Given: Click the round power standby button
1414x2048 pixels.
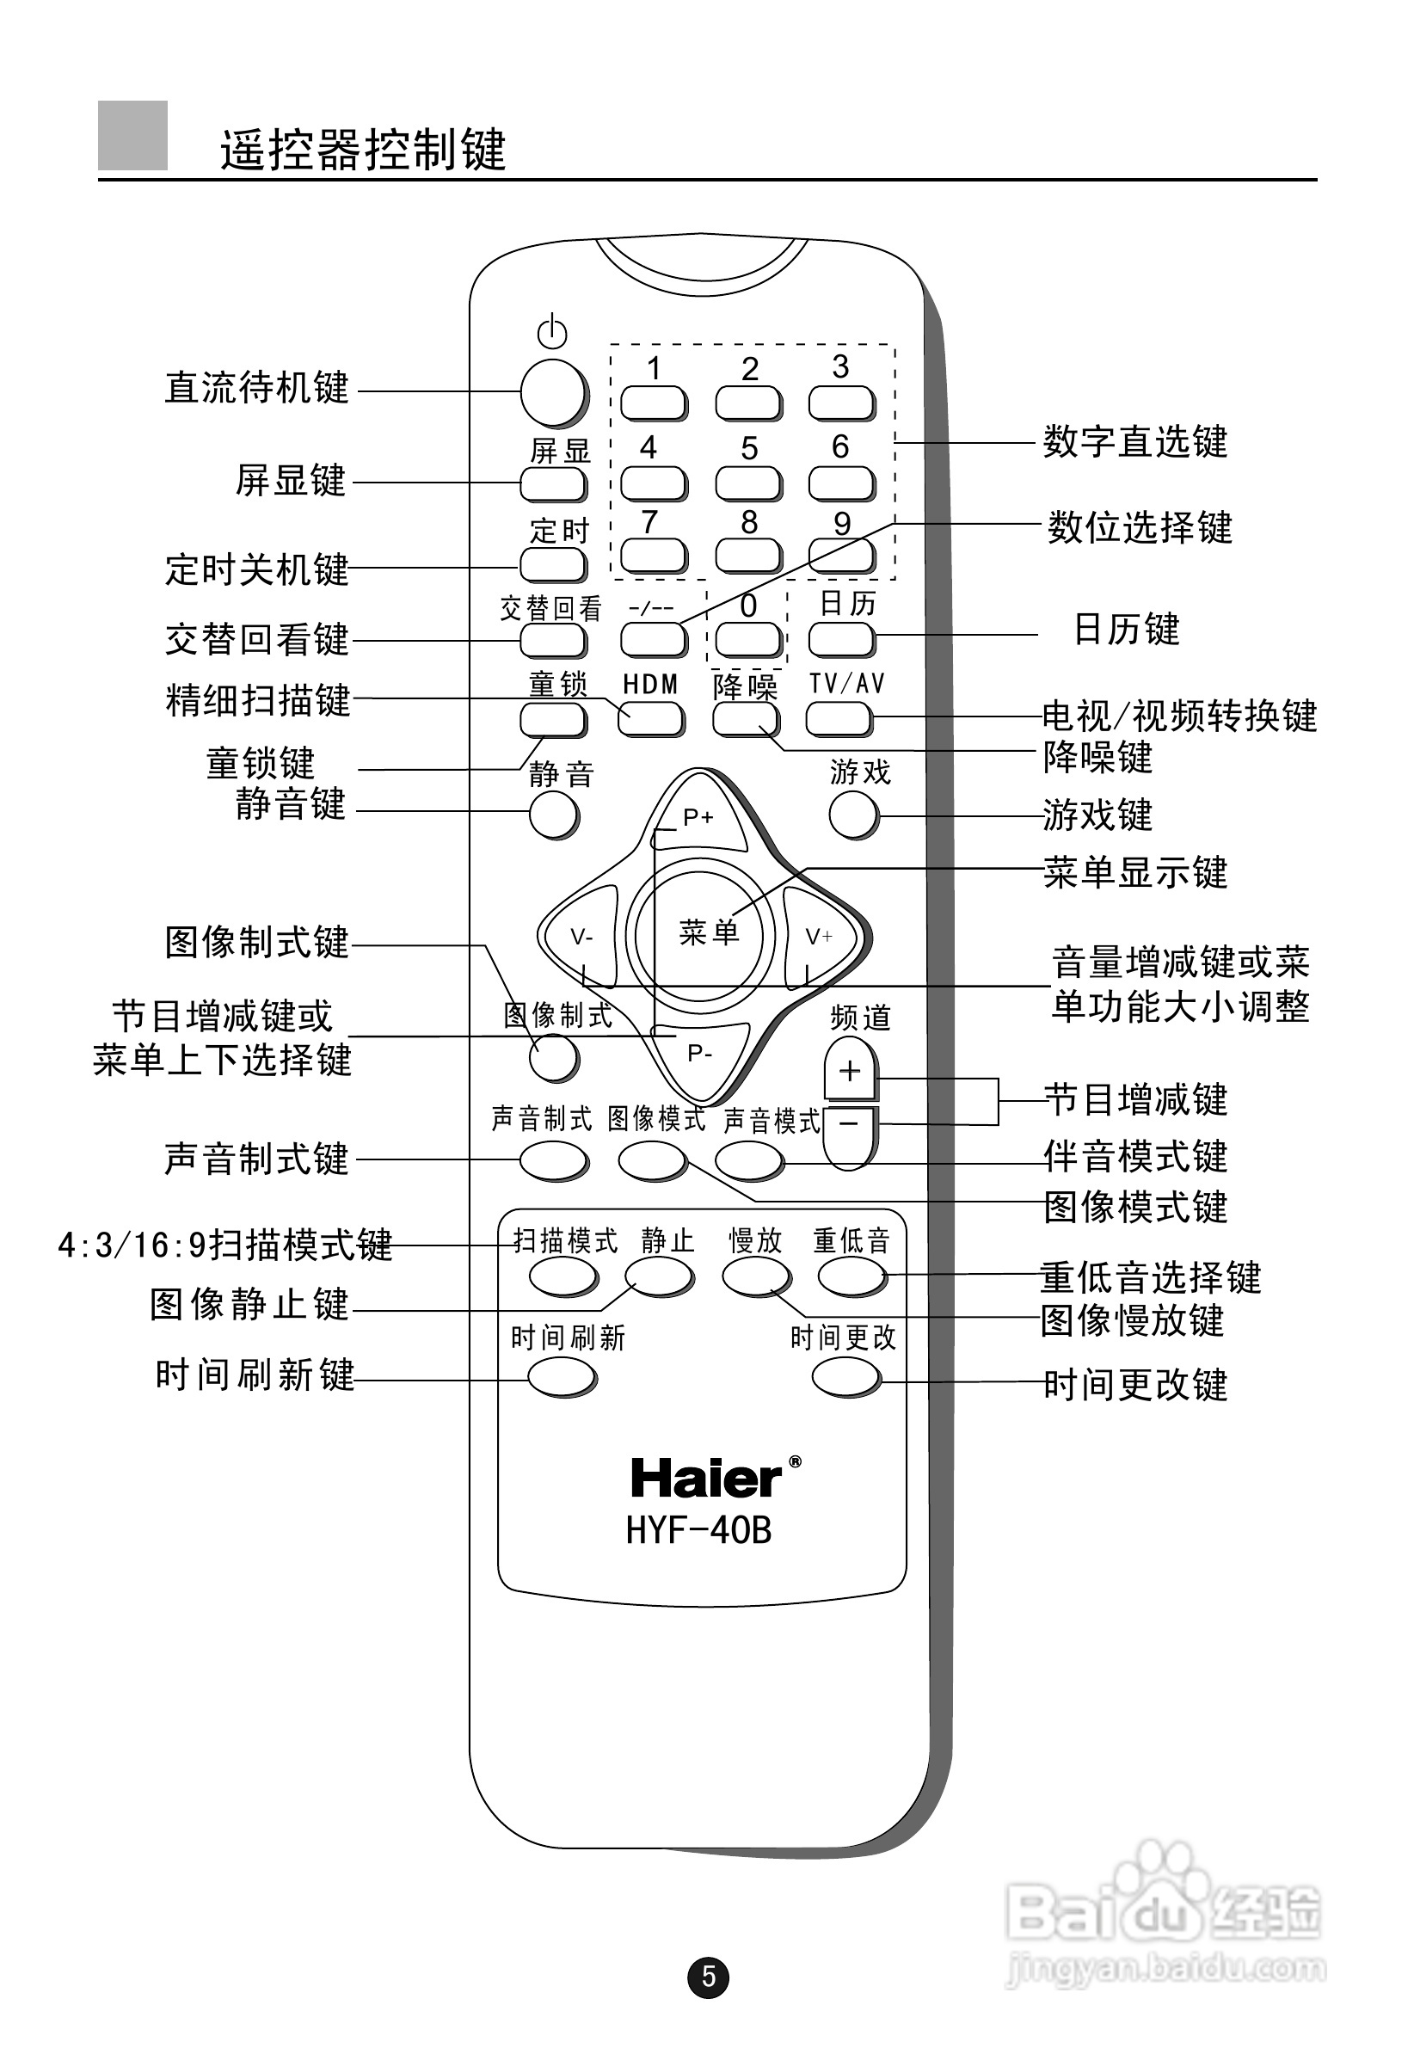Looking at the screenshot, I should [552, 392].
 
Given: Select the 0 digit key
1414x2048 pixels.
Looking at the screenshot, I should [747, 637].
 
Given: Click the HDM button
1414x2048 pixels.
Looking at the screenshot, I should [650, 718].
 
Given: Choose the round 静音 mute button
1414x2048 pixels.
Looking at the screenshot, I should [553, 815].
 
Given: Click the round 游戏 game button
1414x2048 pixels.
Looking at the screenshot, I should [853, 814].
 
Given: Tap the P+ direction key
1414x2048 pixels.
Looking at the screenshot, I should [698, 817].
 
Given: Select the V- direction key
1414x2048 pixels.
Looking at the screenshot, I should [582, 937].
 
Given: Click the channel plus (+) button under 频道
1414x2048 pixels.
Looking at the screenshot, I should [850, 1071].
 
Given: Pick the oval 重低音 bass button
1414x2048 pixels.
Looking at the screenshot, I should [851, 1276].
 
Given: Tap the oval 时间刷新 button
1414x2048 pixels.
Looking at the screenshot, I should [562, 1377].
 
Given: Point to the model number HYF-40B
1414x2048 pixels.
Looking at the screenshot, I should [699, 1530].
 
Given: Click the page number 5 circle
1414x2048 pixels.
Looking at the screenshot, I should [708, 1977].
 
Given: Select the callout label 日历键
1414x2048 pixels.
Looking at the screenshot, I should [1126, 630].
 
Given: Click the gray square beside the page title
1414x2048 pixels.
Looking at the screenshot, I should [133, 136].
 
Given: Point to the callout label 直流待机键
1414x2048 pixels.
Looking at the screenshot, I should [257, 388].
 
